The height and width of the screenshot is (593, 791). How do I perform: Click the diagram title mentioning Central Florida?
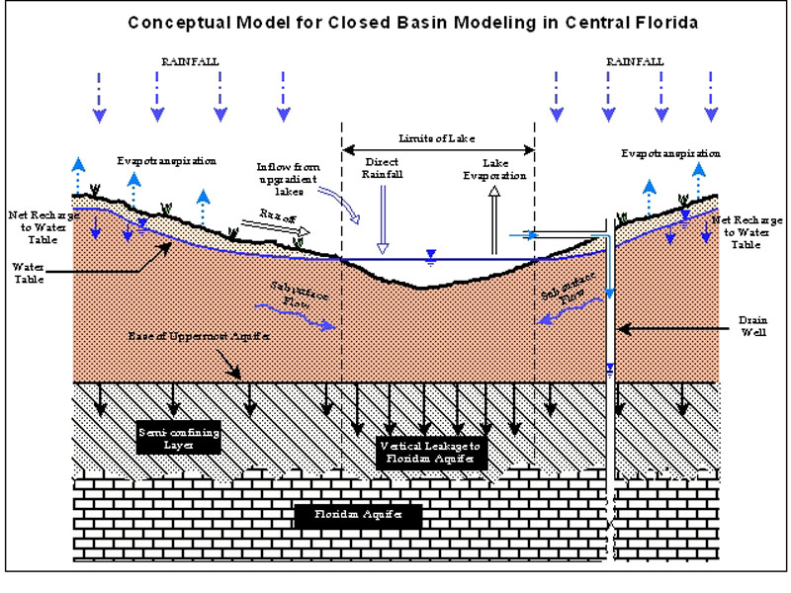point(395,22)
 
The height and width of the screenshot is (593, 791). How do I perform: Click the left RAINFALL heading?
point(190,61)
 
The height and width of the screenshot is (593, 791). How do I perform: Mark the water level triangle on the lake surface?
point(429,256)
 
